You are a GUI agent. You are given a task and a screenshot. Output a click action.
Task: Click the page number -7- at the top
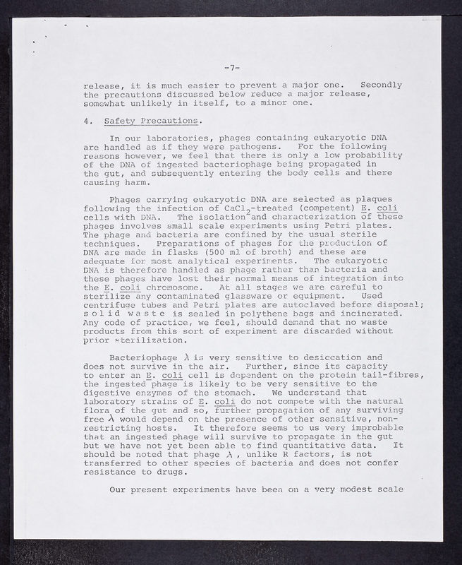click(232, 68)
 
